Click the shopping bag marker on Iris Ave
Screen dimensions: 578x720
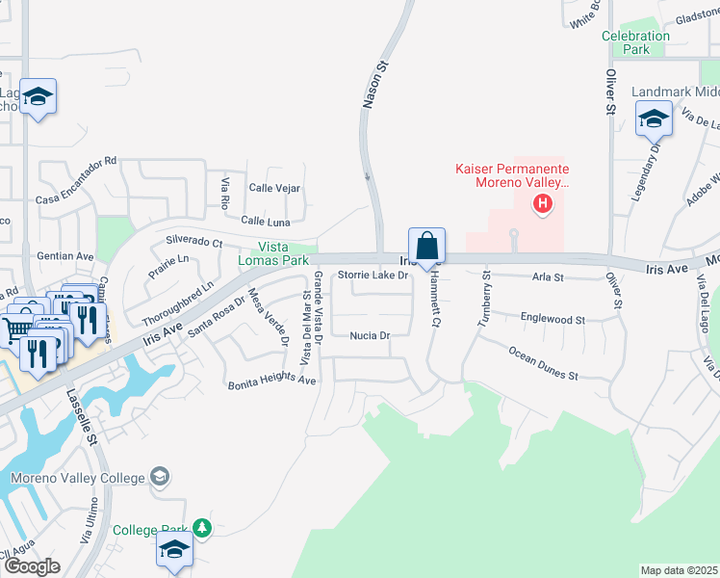(x=426, y=246)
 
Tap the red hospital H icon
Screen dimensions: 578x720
(x=543, y=203)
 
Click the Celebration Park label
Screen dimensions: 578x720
(x=635, y=42)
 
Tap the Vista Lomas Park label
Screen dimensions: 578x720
(x=274, y=254)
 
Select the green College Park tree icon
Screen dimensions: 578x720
(x=201, y=528)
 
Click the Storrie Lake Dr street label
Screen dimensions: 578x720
(x=373, y=276)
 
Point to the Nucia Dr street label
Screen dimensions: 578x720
(x=369, y=336)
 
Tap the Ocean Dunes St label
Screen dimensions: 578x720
(x=543, y=362)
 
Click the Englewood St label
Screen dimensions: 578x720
(x=553, y=318)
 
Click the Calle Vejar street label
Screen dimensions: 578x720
(x=274, y=189)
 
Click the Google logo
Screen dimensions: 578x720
(x=32, y=566)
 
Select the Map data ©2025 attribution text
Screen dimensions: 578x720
(x=678, y=570)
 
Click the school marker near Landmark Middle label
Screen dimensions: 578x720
(x=654, y=120)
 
